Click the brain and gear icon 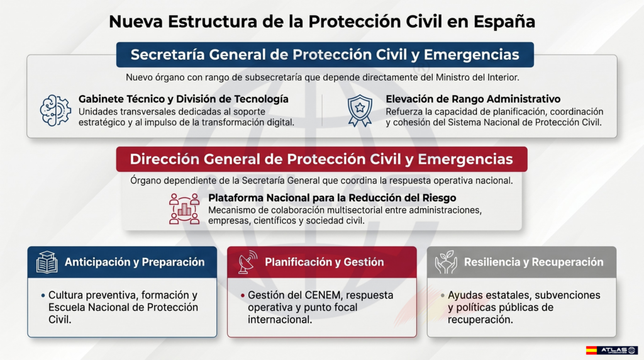point(55,110)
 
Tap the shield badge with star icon point(360,110)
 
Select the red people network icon point(184,209)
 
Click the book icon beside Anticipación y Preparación point(47,262)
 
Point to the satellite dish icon point(248,262)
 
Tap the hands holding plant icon point(447,262)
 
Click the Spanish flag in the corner point(591,350)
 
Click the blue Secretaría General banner point(325,55)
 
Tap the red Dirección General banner point(321,159)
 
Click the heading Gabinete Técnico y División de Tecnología point(184,99)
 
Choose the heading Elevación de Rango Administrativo point(473,99)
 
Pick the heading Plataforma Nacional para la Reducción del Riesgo point(332,198)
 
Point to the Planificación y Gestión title point(325,262)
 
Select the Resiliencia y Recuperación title point(534,262)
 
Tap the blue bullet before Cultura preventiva point(43,295)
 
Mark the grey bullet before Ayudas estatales point(442,295)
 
